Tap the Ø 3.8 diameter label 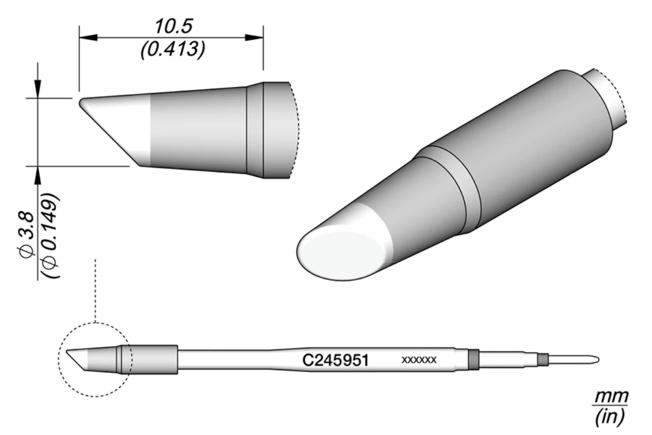pos(27,234)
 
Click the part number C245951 pos(335,360)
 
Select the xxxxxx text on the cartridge pos(419,360)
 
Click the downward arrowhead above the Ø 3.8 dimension pos(37,90)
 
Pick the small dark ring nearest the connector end pos(541,359)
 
